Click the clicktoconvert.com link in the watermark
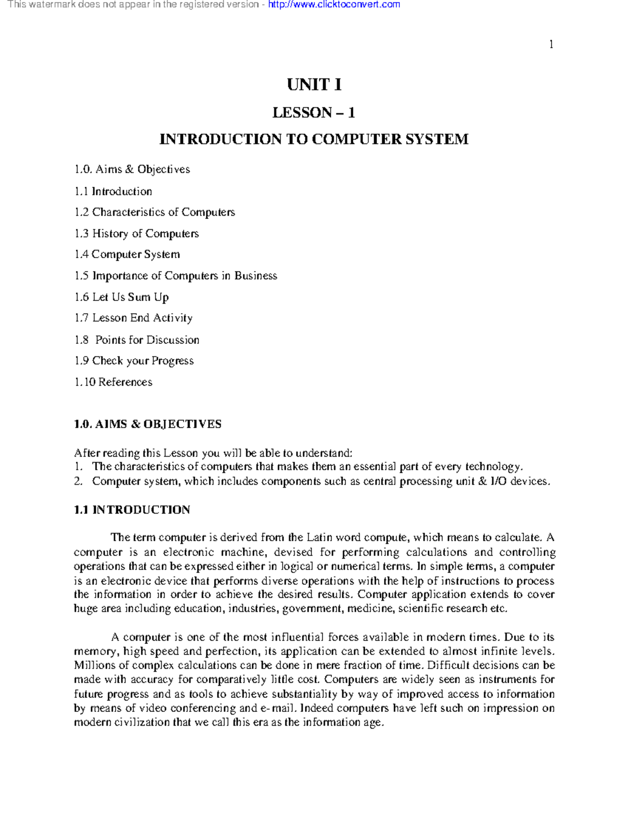(333, 5)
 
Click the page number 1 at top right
(551, 44)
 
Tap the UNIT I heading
(314, 85)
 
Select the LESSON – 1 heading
(314, 113)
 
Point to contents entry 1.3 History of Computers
(137, 233)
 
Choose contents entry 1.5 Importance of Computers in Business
(176, 276)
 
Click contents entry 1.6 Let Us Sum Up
(121, 297)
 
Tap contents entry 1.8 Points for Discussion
(137, 340)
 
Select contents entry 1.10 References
(114, 382)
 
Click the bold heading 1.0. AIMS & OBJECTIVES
(148, 424)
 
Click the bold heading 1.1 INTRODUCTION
(132, 510)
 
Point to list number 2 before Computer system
(78, 482)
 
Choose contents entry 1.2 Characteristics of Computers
(155, 212)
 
